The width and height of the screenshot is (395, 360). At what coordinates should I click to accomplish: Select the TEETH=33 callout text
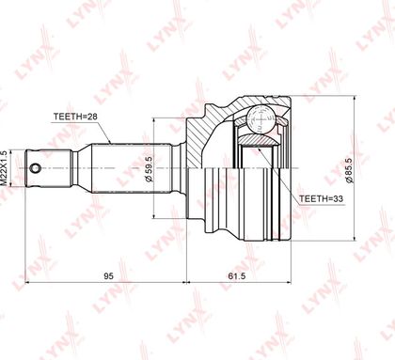[321, 198]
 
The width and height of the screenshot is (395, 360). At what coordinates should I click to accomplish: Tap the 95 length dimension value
[108, 276]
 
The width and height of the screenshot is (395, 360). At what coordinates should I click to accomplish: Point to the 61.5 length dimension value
[236, 276]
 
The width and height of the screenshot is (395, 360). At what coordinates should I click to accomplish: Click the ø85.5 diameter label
[350, 170]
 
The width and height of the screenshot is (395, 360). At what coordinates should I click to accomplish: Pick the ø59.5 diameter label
[149, 169]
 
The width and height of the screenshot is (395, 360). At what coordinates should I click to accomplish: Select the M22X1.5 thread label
[4, 169]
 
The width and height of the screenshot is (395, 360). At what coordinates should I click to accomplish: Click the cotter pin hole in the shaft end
[35, 168]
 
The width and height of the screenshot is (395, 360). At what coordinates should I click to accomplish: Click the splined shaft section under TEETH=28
[132, 168]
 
